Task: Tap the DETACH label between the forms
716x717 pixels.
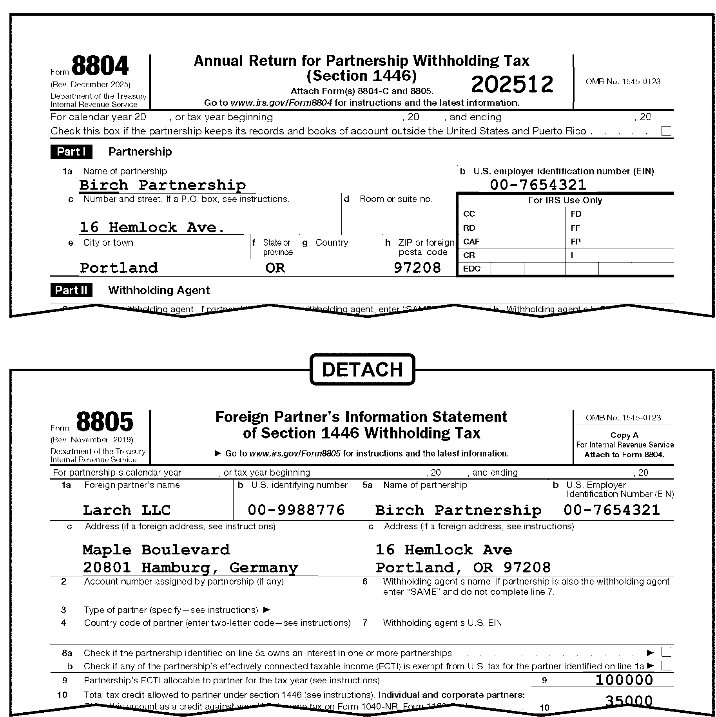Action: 362,369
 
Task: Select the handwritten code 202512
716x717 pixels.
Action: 512,85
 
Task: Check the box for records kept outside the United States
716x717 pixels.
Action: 666,131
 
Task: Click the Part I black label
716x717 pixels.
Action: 71,152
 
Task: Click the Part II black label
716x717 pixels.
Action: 71,290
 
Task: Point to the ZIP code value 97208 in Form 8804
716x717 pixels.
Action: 417,268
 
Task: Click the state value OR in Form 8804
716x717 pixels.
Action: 275,268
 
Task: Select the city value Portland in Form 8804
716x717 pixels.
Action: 119,268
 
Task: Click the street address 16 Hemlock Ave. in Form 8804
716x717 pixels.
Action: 152,227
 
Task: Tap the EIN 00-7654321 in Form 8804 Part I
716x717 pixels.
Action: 538,185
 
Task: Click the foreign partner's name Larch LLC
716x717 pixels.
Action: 127,510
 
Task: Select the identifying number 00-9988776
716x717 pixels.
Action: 296,510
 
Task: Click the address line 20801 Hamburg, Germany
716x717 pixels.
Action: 190,567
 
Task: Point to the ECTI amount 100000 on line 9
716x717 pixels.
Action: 624,680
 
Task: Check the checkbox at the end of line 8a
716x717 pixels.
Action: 666,652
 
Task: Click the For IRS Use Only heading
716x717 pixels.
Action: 565,200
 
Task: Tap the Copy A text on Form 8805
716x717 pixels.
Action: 624,435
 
